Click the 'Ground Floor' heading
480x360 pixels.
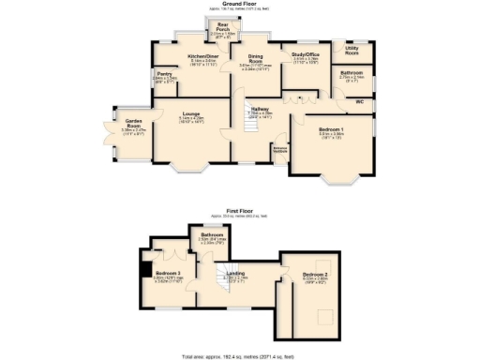pyautogui.click(x=240, y=5)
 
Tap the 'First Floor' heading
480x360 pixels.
pyautogui.click(x=240, y=212)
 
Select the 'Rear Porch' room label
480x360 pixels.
pyautogui.click(x=223, y=26)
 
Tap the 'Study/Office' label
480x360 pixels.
pyautogui.click(x=307, y=56)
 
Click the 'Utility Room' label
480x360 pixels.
pyautogui.click(x=352, y=49)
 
